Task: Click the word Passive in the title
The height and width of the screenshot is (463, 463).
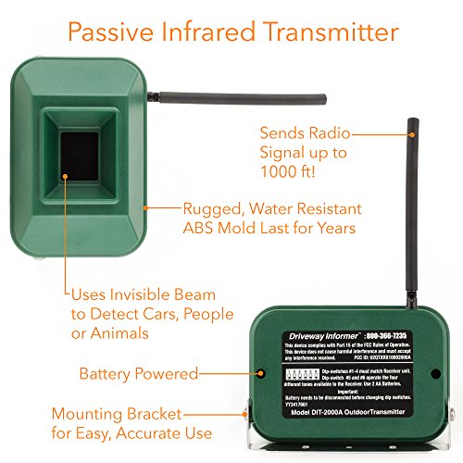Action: pyautogui.click(x=109, y=33)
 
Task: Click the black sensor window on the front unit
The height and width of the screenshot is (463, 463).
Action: pyautogui.click(x=79, y=159)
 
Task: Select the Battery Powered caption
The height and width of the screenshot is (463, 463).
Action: pyautogui.click(x=138, y=374)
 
